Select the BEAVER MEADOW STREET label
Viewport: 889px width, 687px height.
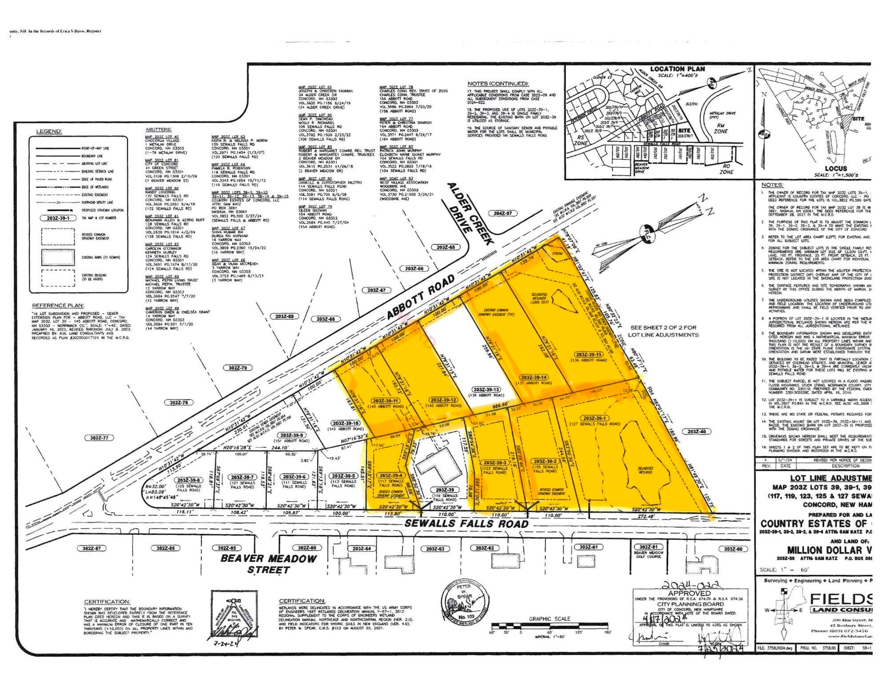[269, 564]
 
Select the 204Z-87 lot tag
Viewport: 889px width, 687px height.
[502, 213]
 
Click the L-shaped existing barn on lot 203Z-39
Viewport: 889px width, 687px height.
[436, 467]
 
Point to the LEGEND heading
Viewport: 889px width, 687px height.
[49, 131]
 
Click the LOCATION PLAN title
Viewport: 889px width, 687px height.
[677, 69]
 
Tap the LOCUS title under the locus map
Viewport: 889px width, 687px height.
[836, 169]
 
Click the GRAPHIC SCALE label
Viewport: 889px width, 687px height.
[549, 619]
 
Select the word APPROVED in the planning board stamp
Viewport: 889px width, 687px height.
[690, 593]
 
